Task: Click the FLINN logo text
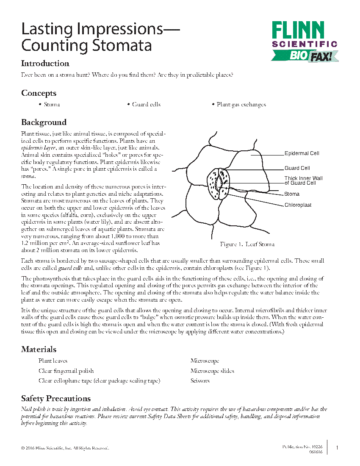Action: tap(298, 31)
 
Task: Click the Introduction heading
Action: tap(45, 64)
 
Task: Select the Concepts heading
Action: tap(39, 93)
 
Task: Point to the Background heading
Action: tap(44, 122)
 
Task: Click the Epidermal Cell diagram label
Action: tap(302, 153)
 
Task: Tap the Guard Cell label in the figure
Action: tap(297, 168)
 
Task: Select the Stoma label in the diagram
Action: tap(292, 194)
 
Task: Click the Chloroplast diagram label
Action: tap(298, 205)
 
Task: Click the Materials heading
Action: tap(39, 349)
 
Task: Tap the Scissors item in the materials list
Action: tap(200, 381)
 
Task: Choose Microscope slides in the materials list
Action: tap(212, 371)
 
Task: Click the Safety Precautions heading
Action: tap(55, 399)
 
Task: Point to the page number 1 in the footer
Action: tap(337, 447)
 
